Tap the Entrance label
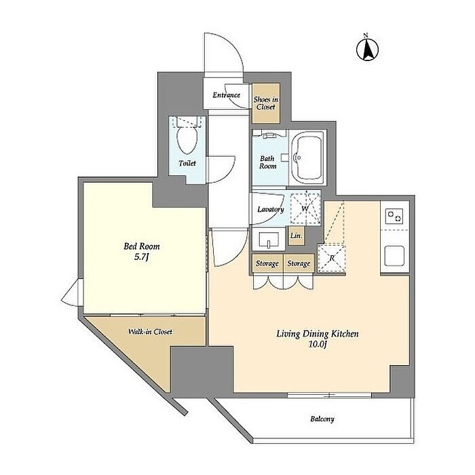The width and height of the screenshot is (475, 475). pyautogui.click(x=226, y=95)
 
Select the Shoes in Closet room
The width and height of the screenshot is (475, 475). pyautogui.click(x=266, y=103)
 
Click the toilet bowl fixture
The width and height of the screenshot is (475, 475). pyautogui.click(x=187, y=139)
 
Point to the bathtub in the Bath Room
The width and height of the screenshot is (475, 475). pyautogui.click(x=307, y=157)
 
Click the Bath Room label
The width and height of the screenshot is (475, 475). pyautogui.click(x=268, y=162)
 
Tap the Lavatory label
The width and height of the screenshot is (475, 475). pyautogui.click(x=271, y=209)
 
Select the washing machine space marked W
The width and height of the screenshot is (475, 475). pyautogui.click(x=305, y=208)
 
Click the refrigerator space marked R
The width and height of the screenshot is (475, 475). pyautogui.click(x=332, y=258)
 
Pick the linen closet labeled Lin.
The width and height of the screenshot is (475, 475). pyautogui.click(x=296, y=235)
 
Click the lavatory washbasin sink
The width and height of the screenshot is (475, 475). pyautogui.click(x=269, y=239)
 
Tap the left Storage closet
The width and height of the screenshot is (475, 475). pyautogui.click(x=267, y=263)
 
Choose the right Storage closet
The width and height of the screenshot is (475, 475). pyautogui.click(x=299, y=263)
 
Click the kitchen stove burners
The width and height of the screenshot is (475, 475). pyautogui.click(x=394, y=216)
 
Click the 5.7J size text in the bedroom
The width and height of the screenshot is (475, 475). pyautogui.click(x=142, y=257)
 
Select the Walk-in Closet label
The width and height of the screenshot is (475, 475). pyautogui.click(x=150, y=332)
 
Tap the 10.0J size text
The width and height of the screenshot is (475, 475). pyautogui.click(x=317, y=345)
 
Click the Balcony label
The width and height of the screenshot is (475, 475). pyautogui.click(x=322, y=419)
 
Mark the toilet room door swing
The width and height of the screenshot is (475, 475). pyautogui.click(x=221, y=170)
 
